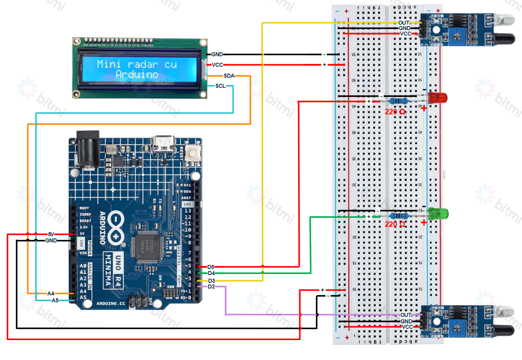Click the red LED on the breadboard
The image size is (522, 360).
437,98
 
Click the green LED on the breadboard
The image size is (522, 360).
438,213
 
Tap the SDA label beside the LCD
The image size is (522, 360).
229,76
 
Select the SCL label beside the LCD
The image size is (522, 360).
220,86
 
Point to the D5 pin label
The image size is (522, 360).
211,267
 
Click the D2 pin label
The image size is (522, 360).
211,287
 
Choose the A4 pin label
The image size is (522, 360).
51,293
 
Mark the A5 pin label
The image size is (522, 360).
55,300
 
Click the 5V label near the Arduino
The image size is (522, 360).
51,234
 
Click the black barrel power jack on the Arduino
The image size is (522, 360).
87,151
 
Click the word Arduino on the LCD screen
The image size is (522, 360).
137,74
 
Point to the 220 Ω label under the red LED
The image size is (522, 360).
395,112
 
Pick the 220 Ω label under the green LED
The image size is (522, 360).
395,224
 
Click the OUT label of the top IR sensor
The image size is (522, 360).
403,22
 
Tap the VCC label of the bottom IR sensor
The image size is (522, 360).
407,327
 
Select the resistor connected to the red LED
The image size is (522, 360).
398,101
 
